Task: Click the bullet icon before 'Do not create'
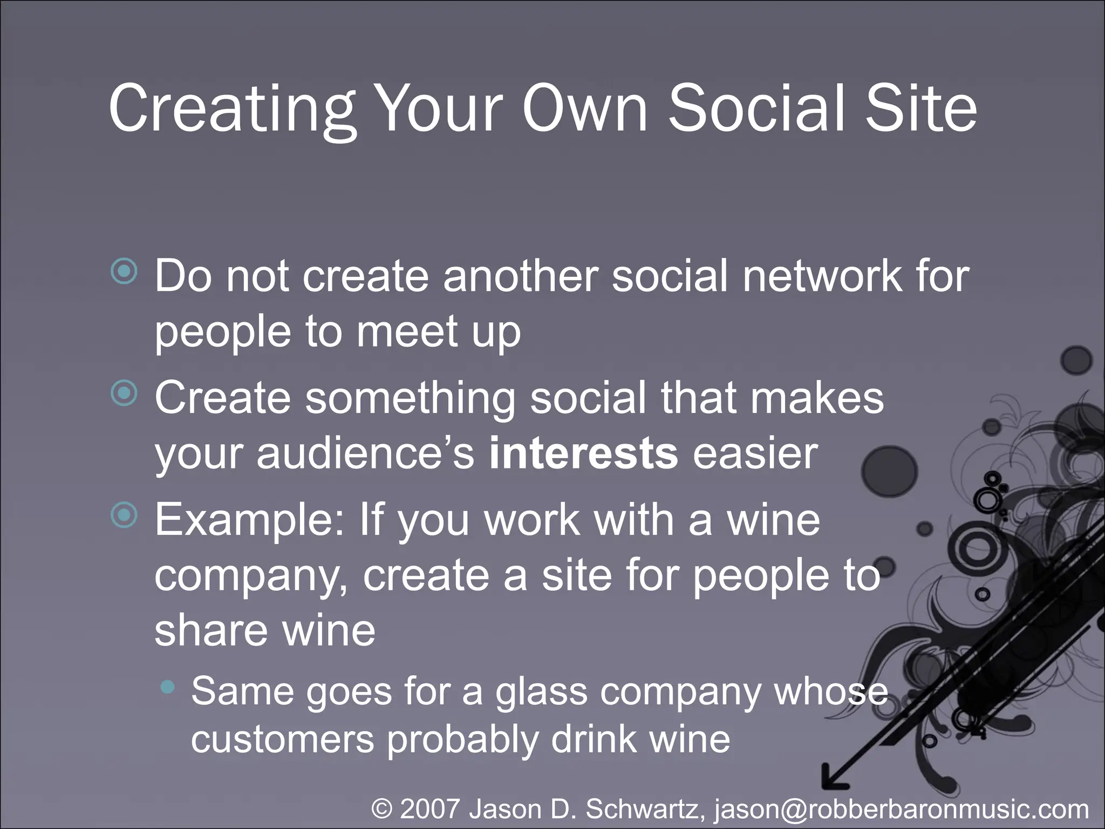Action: [124, 272]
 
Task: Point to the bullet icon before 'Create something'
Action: [124, 394]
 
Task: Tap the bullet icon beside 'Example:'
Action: [124, 516]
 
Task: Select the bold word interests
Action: [583, 453]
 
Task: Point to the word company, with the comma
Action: [253, 577]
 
